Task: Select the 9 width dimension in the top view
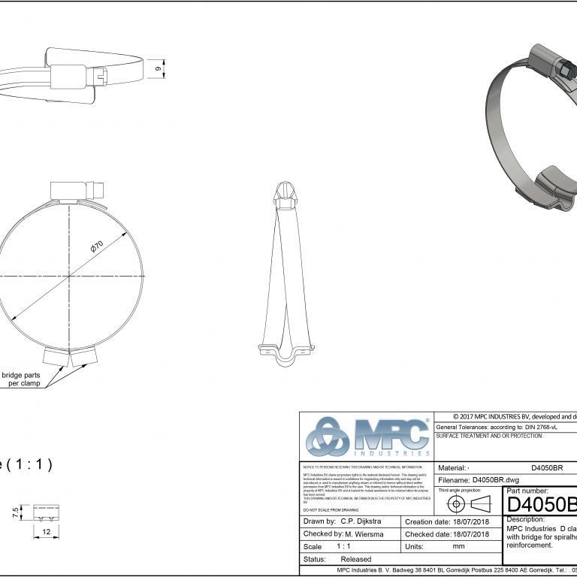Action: (x=158, y=69)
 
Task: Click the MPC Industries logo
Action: (x=366, y=437)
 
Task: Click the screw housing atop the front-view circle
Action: (x=72, y=188)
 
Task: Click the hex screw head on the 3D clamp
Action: (x=562, y=70)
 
